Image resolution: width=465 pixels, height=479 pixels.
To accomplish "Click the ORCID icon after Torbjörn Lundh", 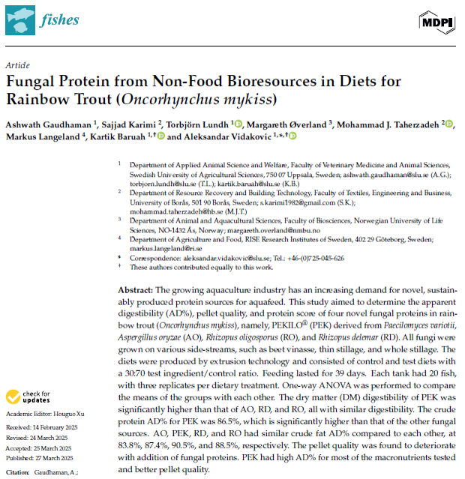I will [238, 124].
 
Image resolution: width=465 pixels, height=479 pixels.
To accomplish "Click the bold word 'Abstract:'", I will [136, 290].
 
